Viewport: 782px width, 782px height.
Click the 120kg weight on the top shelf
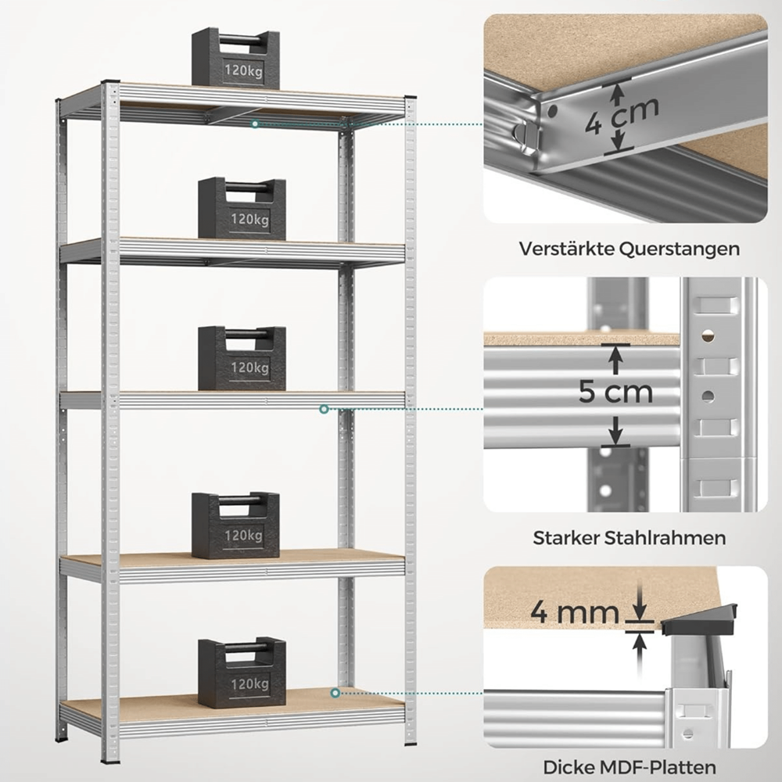point(235,58)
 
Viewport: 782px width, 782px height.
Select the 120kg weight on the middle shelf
point(242,358)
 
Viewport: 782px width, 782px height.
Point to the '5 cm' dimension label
point(616,393)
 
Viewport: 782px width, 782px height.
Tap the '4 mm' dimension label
point(574,612)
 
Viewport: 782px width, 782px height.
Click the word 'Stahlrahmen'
point(665,538)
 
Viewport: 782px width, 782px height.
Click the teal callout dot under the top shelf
point(255,124)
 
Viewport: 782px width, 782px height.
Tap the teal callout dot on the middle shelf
point(324,409)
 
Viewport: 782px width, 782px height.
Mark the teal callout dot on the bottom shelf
point(335,693)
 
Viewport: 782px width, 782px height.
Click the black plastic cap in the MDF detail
point(699,619)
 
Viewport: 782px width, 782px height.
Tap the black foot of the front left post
point(110,761)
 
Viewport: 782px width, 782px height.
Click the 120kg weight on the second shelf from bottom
point(235,526)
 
